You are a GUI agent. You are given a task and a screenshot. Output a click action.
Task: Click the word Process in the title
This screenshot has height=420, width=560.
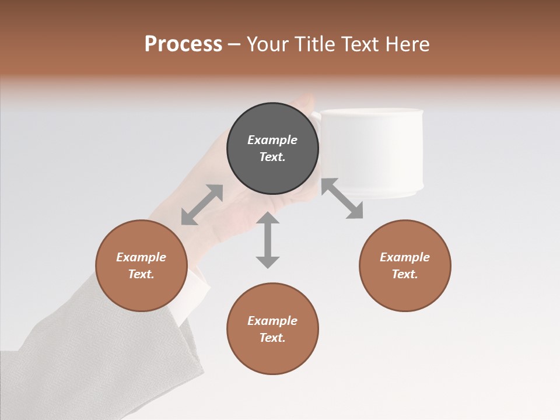pyautogui.click(x=183, y=44)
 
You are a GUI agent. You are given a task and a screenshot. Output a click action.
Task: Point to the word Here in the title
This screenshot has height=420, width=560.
pyautogui.click(x=408, y=44)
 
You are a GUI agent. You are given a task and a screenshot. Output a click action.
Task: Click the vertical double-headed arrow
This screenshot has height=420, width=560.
pyautogui.click(x=268, y=240)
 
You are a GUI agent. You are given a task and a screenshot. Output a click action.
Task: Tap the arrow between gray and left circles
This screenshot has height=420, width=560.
pyautogui.click(x=202, y=205)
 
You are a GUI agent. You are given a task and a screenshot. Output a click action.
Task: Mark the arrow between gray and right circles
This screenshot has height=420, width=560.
pyautogui.click(x=342, y=198)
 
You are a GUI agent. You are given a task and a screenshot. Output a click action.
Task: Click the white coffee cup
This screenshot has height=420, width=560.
pyautogui.click(x=373, y=152)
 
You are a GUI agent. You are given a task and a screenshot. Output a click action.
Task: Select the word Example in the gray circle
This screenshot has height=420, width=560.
pyautogui.click(x=272, y=140)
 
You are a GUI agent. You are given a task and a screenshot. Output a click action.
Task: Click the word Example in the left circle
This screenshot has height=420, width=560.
pyautogui.click(x=141, y=257)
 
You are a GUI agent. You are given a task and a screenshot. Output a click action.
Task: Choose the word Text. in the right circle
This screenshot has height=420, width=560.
pyautogui.click(x=405, y=274)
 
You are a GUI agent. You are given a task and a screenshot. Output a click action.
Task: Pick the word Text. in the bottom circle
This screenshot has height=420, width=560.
pyautogui.click(x=272, y=338)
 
